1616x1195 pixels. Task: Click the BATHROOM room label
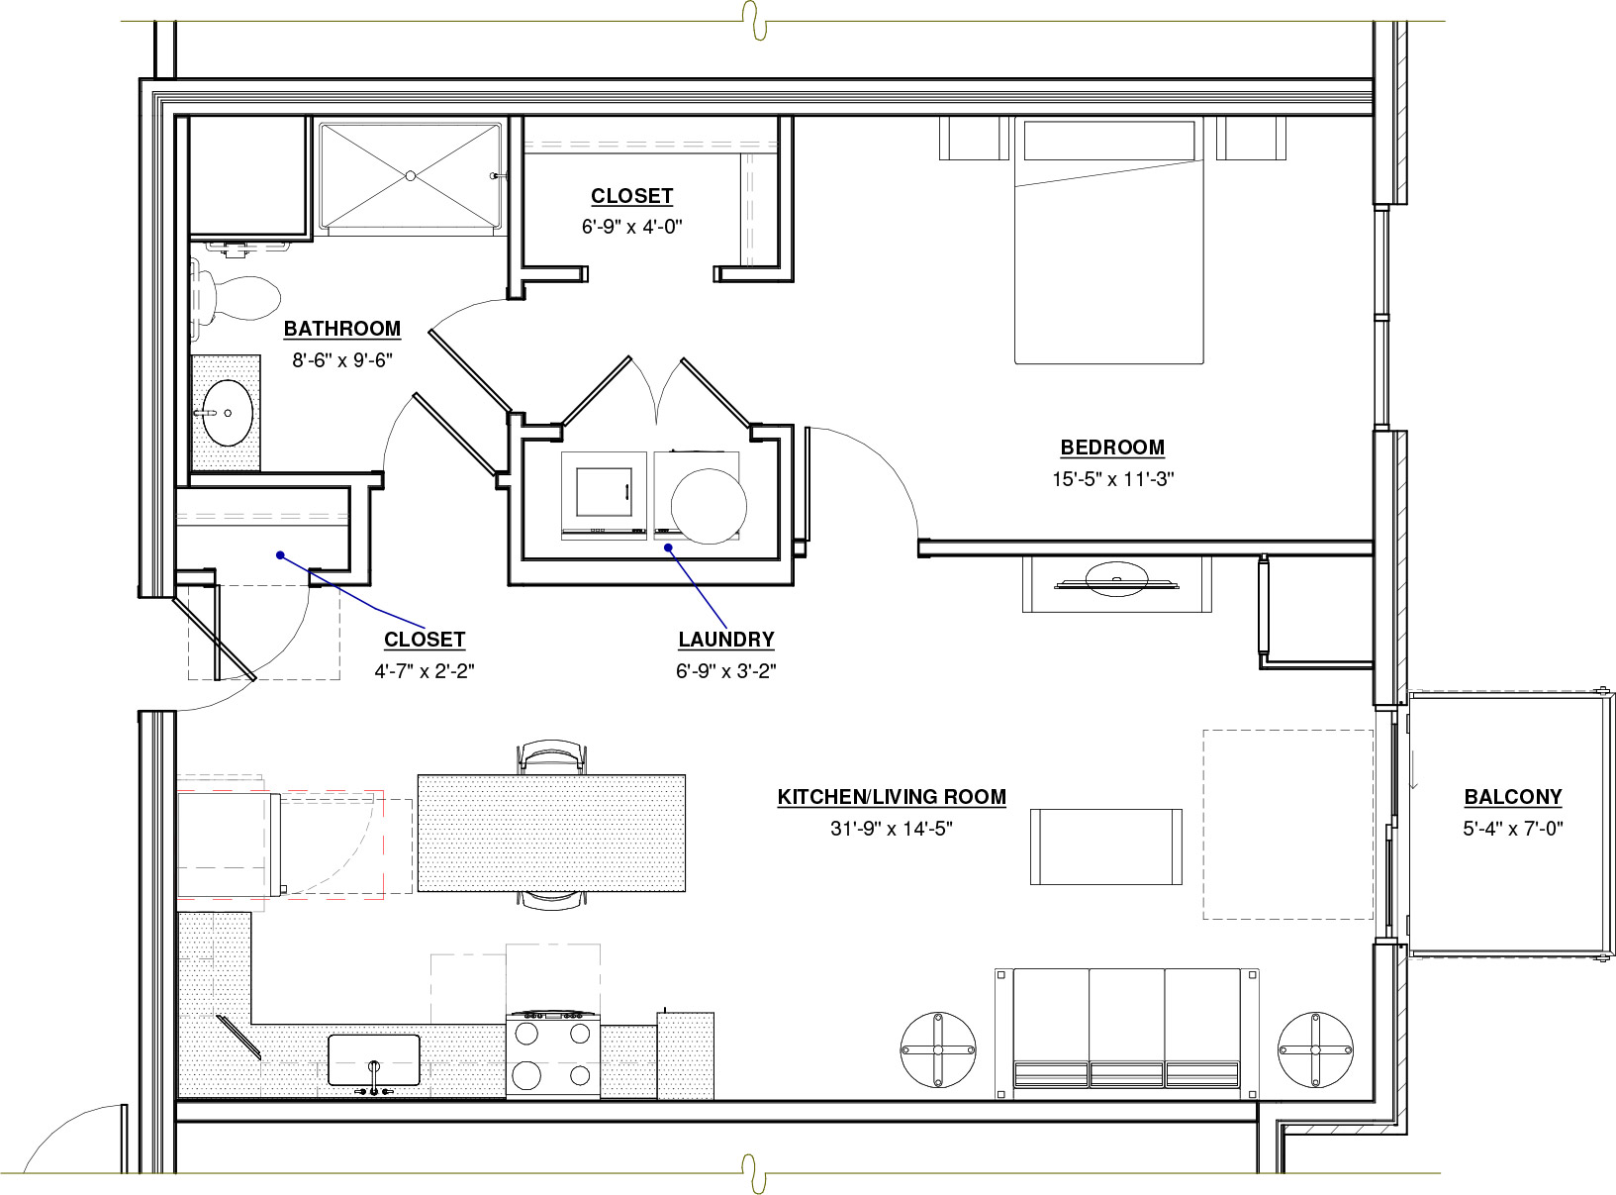click(x=341, y=329)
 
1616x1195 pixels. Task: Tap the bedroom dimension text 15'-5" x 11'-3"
click(x=1112, y=479)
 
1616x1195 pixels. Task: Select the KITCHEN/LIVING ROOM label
click(x=892, y=797)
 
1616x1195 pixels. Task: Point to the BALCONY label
click(x=1513, y=797)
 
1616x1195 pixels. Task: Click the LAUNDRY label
click(x=726, y=640)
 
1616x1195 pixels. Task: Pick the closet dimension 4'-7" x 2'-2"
click(x=425, y=671)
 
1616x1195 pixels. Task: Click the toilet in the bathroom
click(x=236, y=297)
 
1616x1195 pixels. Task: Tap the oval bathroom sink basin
click(x=228, y=413)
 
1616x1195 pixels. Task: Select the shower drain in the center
click(x=411, y=175)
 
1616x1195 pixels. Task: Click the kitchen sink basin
click(x=374, y=1060)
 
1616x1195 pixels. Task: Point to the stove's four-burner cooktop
click(x=553, y=1054)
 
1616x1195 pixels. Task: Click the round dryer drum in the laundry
click(x=709, y=507)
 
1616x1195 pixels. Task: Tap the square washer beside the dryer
click(x=604, y=496)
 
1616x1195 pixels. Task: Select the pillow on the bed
click(x=1109, y=141)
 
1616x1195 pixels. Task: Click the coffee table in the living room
click(x=1106, y=846)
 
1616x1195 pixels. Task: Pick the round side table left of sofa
click(x=938, y=1049)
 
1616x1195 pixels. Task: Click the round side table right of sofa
click(x=1315, y=1049)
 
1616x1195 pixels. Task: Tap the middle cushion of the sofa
click(x=1126, y=1028)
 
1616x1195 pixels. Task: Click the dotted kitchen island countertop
click(x=551, y=833)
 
